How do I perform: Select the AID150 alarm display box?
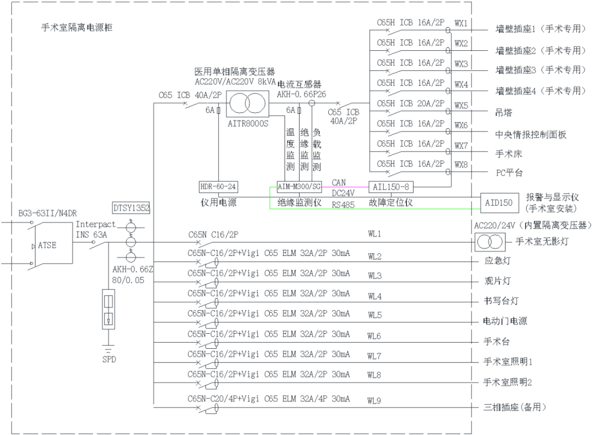(498, 203)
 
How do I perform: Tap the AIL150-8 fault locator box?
(391, 187)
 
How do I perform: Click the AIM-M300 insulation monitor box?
(299, 187)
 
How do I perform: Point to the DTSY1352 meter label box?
(131, 208)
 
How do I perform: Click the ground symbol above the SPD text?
(109, 349)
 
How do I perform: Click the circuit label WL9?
(374, 401)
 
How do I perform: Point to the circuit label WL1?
(374, 234)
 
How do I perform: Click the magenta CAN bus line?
(346, 187)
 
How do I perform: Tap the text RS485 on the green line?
(343, 205)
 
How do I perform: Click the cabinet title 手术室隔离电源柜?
(77, 28)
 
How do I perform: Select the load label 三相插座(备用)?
(515, 407)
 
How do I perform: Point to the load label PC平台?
(509, 173)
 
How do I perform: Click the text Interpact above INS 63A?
(96, 224)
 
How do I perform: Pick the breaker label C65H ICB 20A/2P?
(410, 103)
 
